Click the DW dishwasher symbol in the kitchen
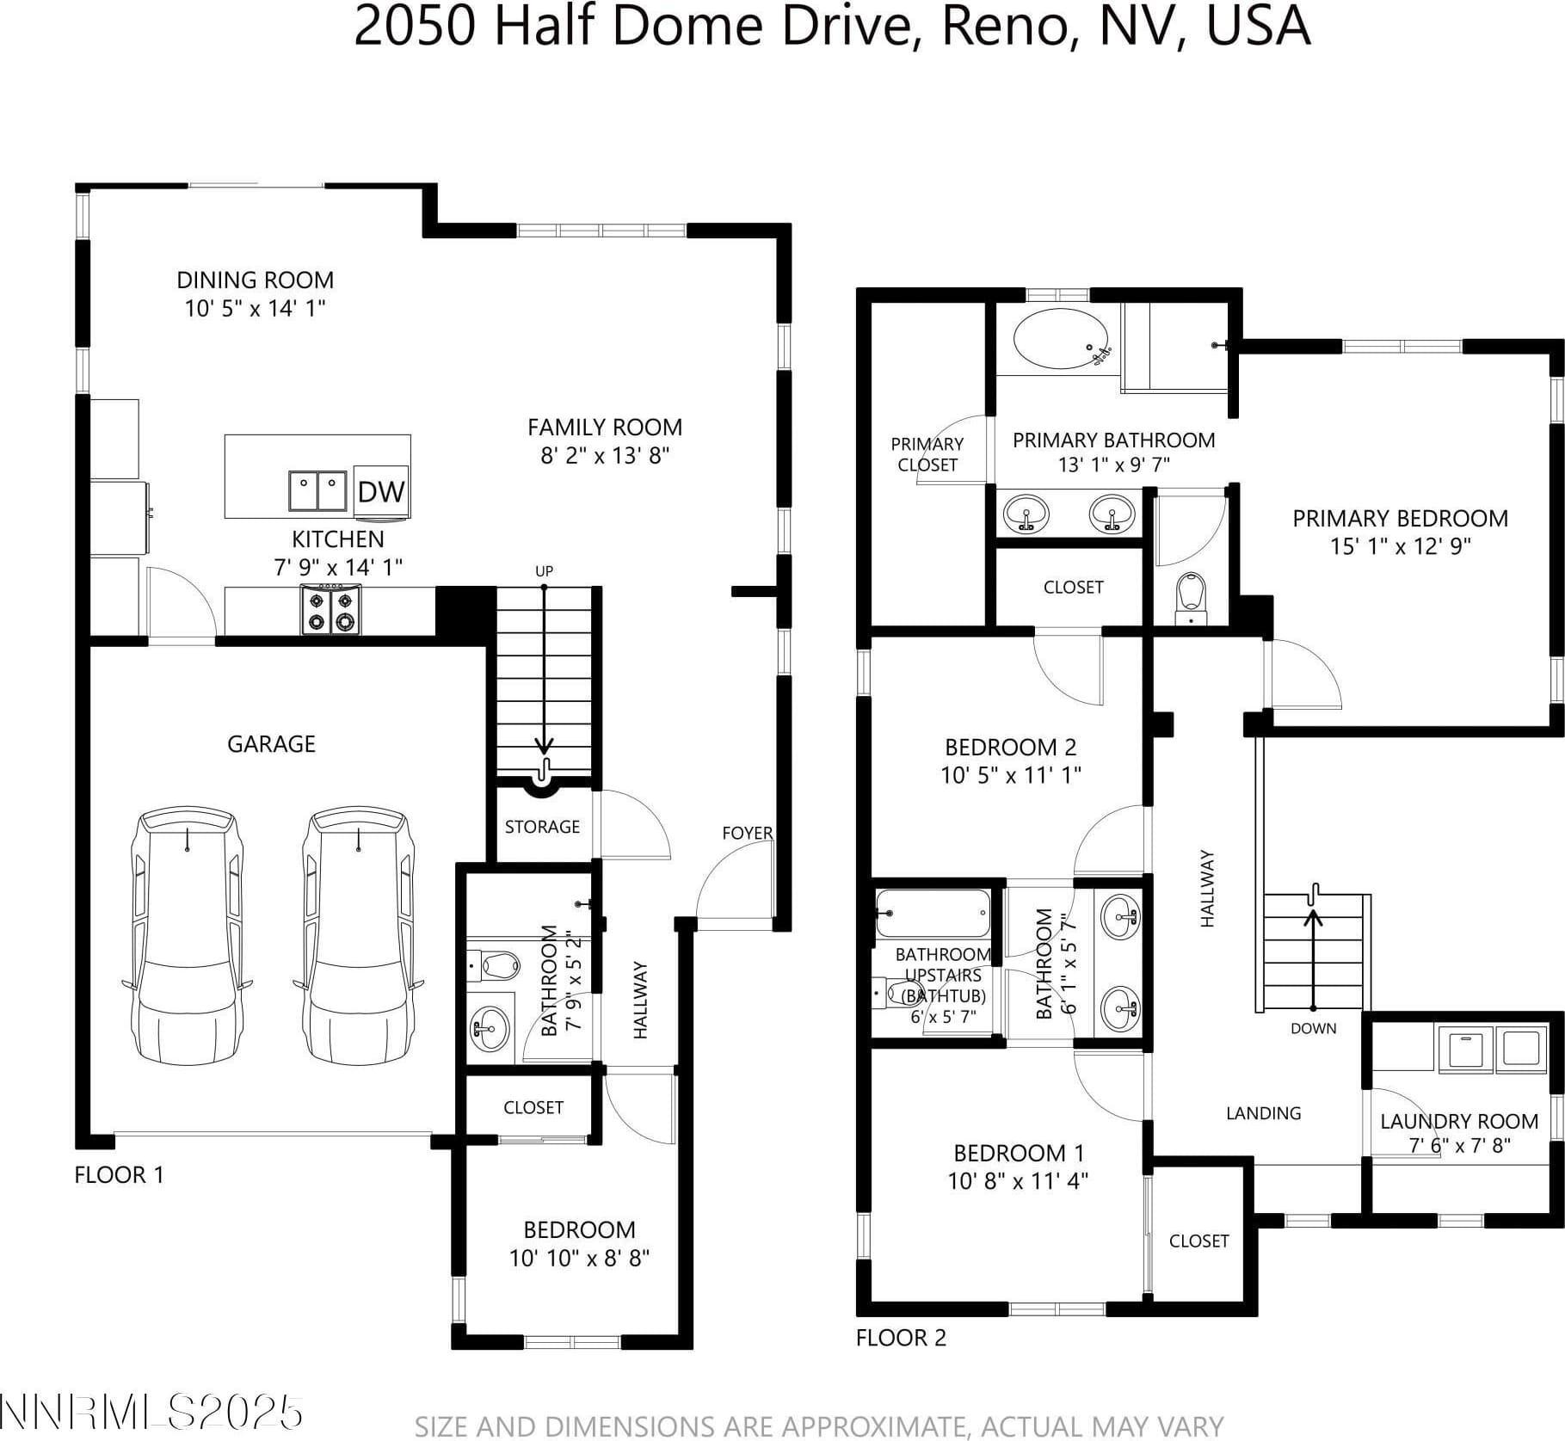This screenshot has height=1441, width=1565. click(380, 491)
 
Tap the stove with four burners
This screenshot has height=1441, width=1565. click(331, 610)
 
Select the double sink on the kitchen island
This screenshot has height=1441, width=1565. click(317, 490)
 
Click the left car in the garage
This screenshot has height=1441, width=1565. click(187, 934)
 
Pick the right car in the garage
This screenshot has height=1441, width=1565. click(358, 934)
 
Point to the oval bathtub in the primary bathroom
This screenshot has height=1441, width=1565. click(1062, 340)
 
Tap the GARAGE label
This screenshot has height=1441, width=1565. click(271, 743)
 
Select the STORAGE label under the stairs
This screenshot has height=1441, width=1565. click(542, 827)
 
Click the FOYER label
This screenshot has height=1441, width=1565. click(747, 833)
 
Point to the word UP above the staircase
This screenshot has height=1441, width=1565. click(544, 570)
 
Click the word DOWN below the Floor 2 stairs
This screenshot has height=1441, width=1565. click(1313, 1028)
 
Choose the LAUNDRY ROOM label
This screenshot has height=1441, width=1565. click(1459, 1121)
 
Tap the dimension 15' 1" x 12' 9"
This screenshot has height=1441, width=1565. click(1401, 545)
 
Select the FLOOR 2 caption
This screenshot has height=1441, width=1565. click(901, 1338)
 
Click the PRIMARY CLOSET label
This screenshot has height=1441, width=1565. click(927, 454)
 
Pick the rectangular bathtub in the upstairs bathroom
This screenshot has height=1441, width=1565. click(933, 914)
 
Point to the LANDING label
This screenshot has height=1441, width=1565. click(1263, 1113)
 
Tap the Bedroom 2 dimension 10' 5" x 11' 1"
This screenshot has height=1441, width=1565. click(1010, 775)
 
